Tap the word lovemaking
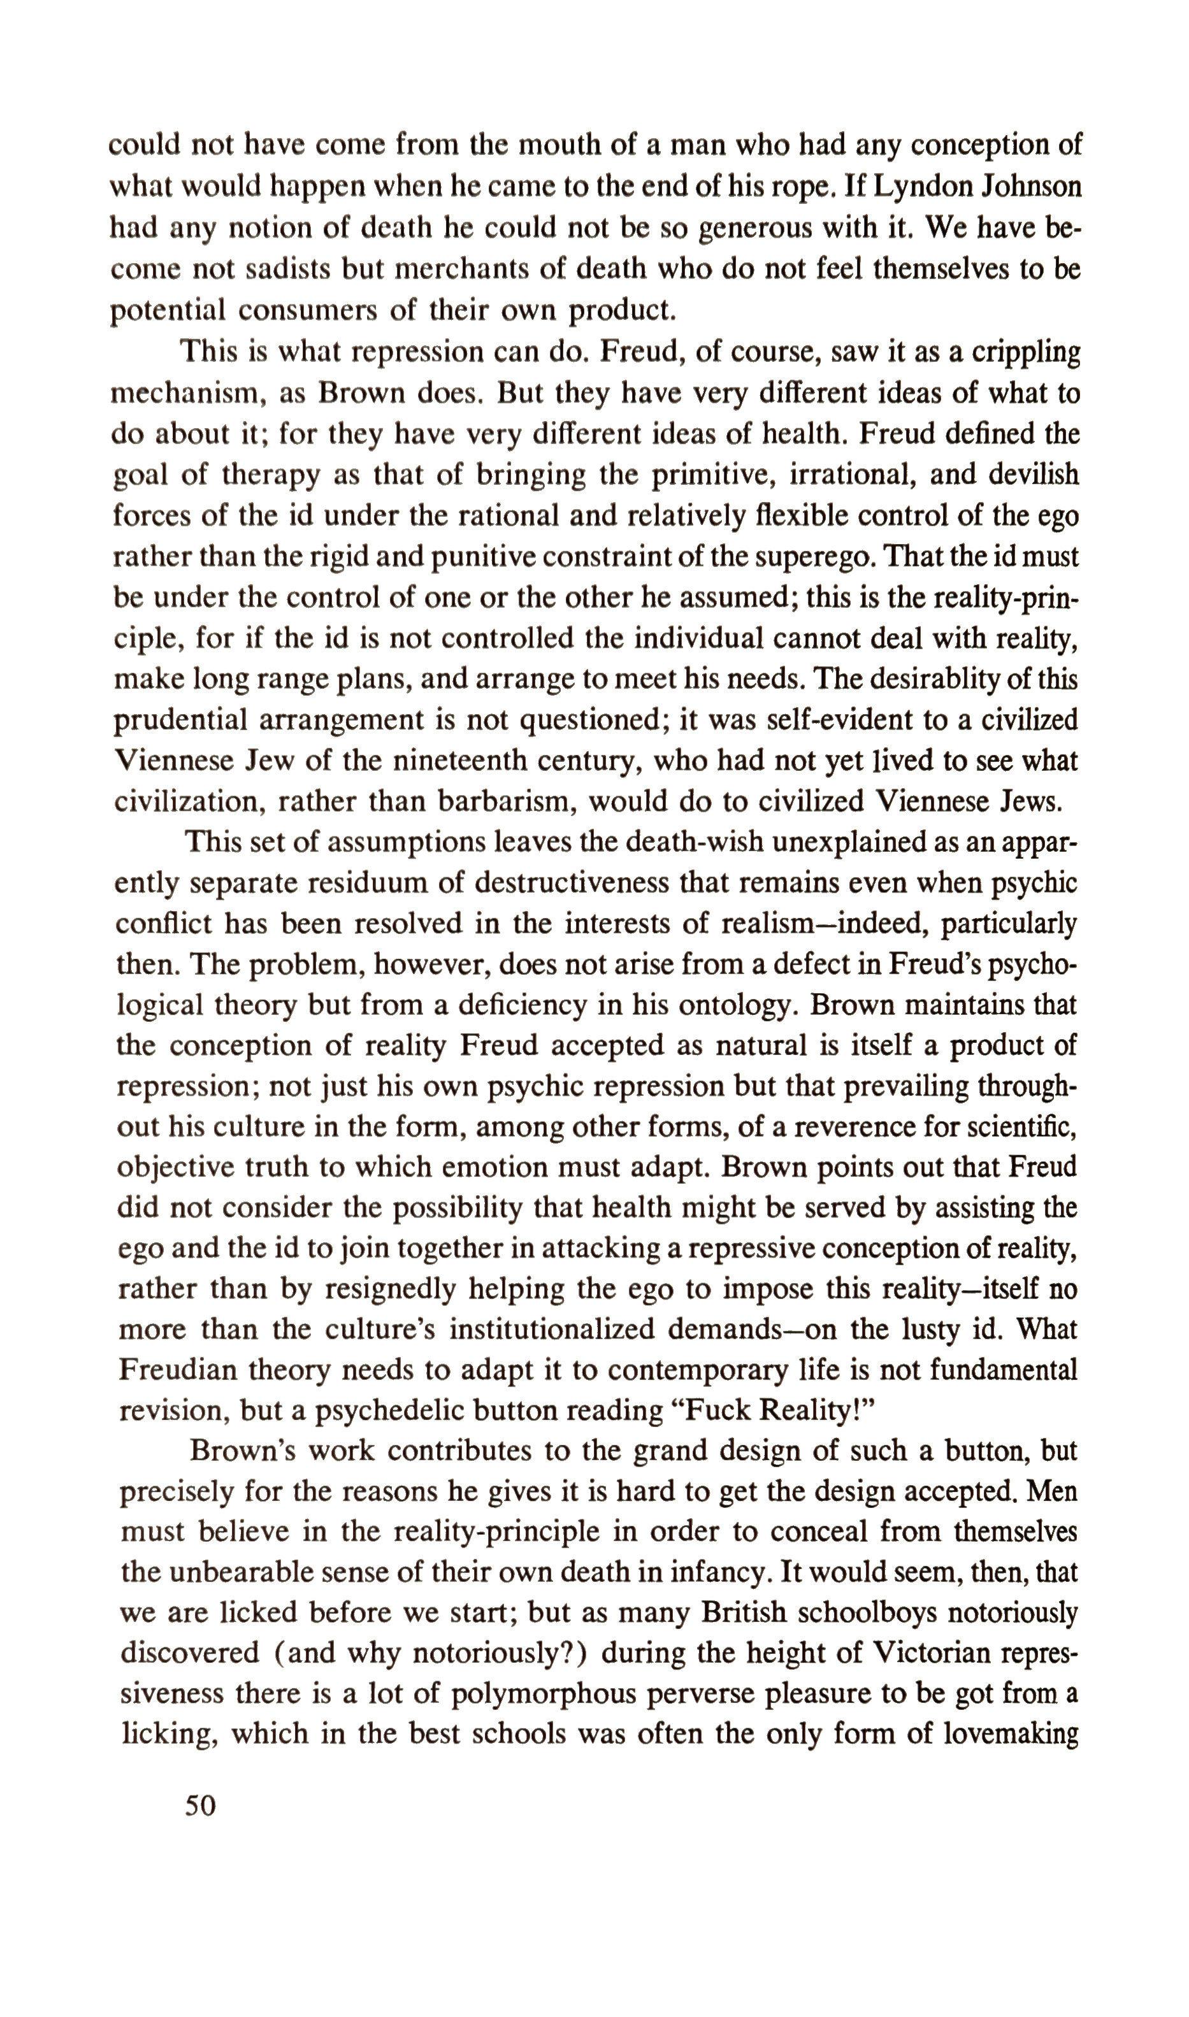[x=1011, y=1734]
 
